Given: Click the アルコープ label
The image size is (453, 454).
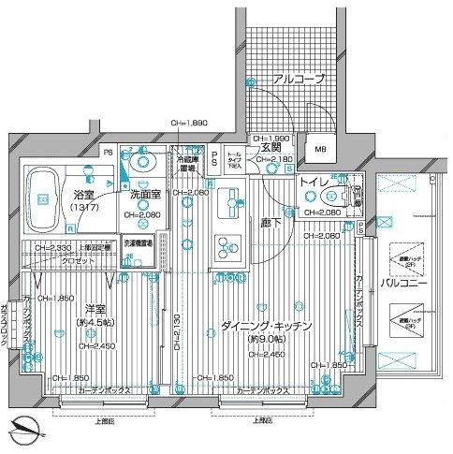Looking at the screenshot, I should pos(298,80).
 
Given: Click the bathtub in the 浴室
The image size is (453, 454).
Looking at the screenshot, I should pos(46,198).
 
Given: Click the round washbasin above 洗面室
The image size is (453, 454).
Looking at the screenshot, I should pos(142,160).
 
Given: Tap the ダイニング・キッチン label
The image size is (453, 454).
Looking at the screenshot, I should pos(267,325).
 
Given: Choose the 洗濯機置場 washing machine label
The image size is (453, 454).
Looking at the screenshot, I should pos(138,242).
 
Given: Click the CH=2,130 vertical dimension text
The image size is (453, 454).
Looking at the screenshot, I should pos(177,333).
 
